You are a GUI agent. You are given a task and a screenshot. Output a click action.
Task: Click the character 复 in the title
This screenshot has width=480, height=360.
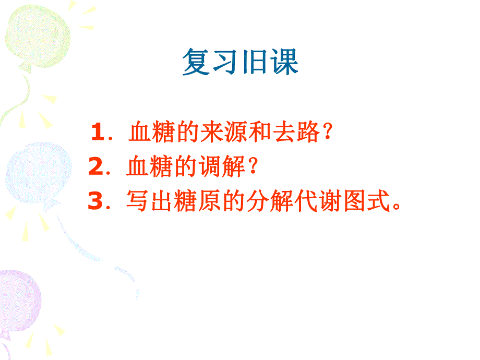[x=197, y=63]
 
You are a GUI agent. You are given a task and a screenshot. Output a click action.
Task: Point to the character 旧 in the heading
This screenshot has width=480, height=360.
[x=254, y=63]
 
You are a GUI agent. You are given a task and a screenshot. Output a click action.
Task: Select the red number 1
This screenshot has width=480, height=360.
[x=97, y=133]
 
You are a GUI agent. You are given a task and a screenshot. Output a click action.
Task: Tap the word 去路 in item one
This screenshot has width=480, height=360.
[x=301, y=133]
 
